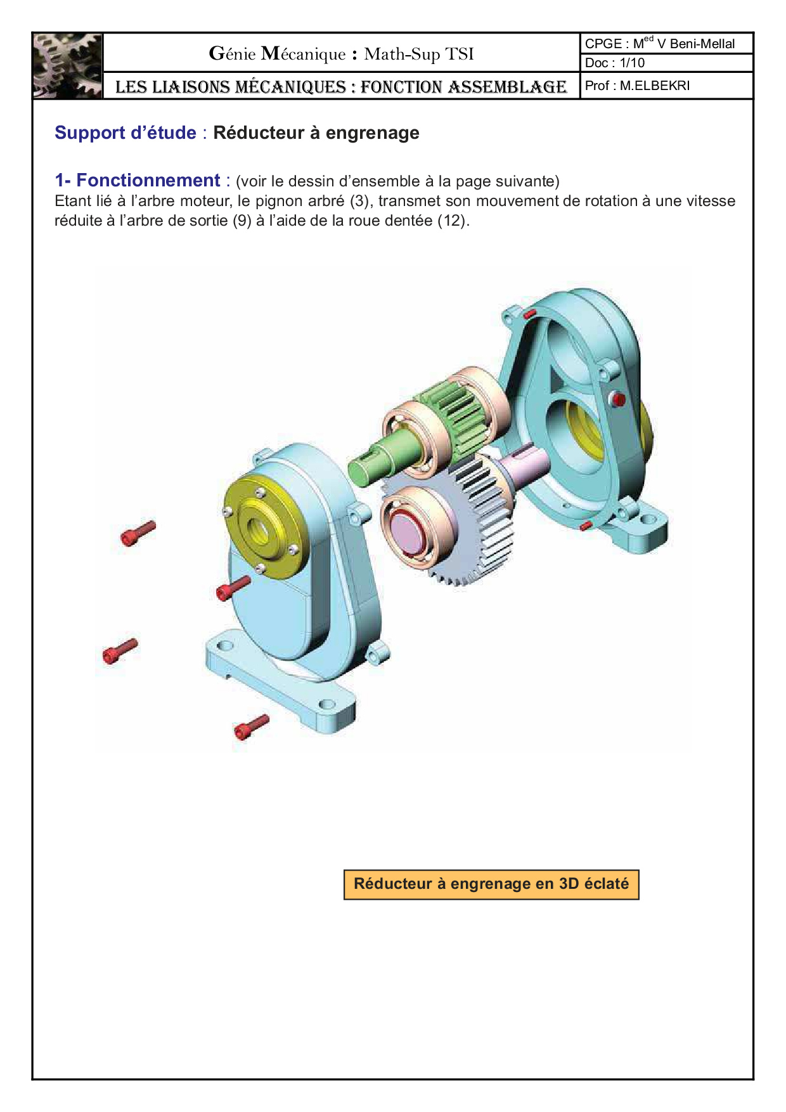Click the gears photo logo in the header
pos(68,66)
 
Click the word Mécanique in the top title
pos(304,54)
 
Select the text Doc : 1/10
pos(615,63)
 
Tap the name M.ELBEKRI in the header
pos(655,86)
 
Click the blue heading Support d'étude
pos(126,133)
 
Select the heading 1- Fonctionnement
pos(137,180)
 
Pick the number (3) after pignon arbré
pos(359,201)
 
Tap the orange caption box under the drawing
pos(491,884)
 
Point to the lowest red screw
pos(251,727)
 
